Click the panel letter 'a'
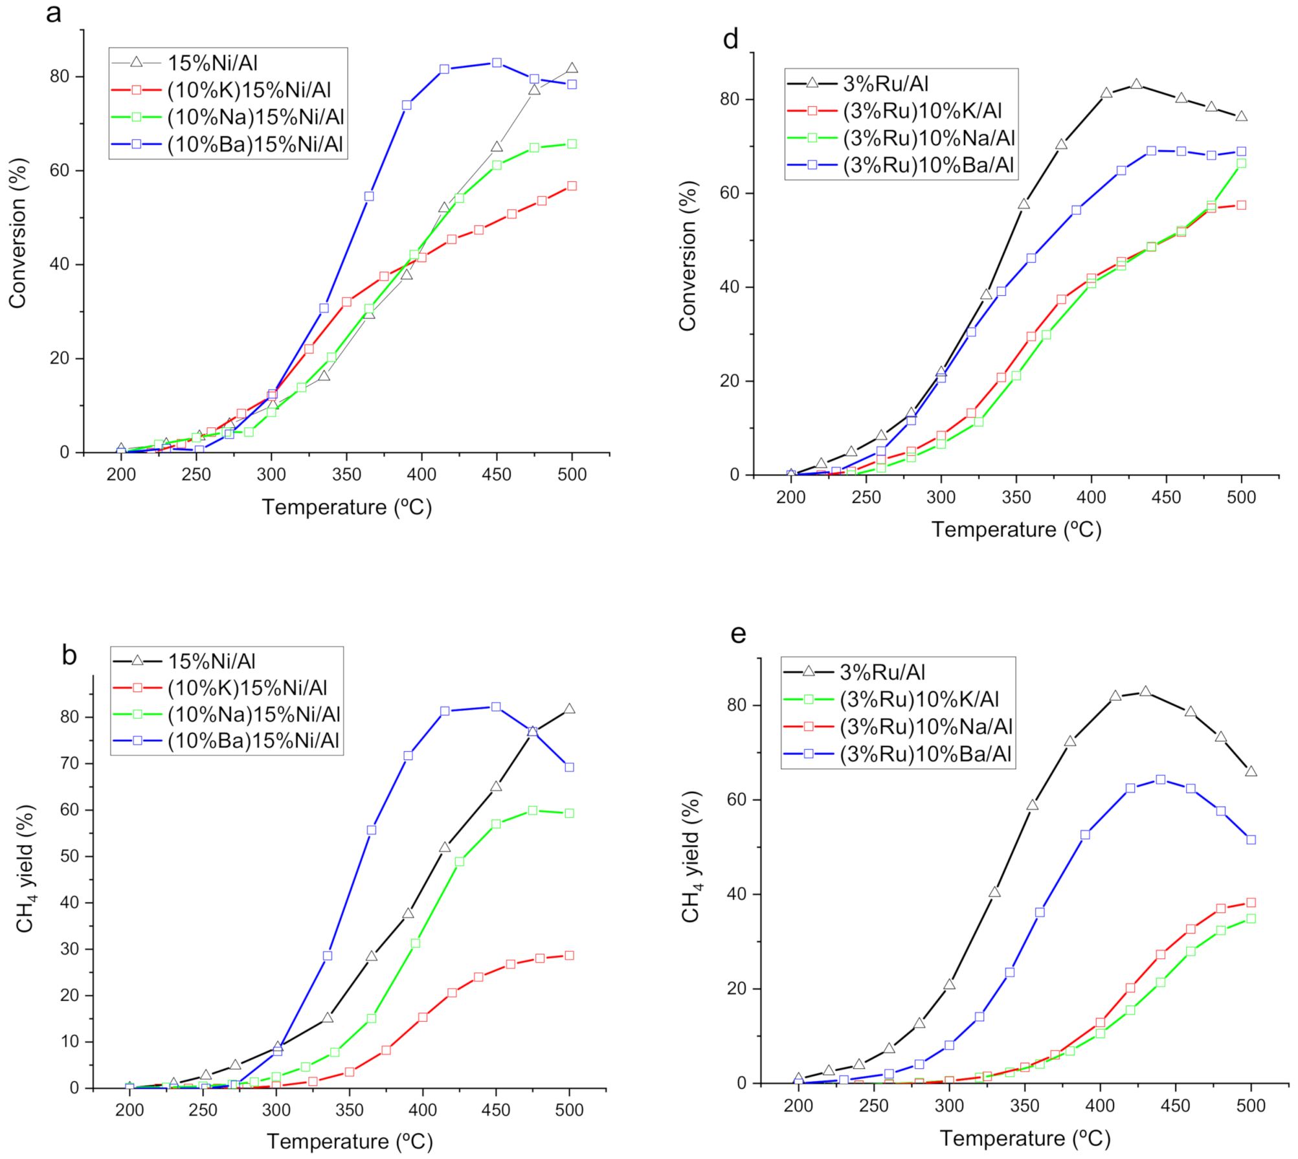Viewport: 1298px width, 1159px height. (x=54, y=14)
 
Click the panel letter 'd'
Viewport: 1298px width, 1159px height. (x=730, y=40)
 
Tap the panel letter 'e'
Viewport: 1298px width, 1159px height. (x=738, y=633)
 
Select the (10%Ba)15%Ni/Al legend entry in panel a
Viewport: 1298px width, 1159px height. (x=255, y=144)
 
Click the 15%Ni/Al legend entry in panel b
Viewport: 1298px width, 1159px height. (x=212, y=661)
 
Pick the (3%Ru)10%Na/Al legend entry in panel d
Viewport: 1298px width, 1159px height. (x=928, y=138)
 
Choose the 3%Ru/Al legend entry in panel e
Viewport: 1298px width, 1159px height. (x=882, y=672)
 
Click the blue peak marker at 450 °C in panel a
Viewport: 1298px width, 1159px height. (x=497, y=63)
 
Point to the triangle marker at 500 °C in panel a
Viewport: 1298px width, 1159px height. (x=572, y=68)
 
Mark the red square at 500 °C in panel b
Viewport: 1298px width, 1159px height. (x=569, y=956)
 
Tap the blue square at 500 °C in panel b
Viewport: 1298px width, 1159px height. (x=569, y=767)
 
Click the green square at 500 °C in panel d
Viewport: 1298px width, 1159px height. (x=1241, y=163)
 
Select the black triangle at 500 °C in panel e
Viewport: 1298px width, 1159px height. (x=1251, y=771)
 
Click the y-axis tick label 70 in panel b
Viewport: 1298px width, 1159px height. (x=69, y=763)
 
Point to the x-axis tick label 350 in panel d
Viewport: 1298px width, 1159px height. (x=1016, y=497)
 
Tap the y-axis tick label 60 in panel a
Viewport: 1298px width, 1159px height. (x=60, y=170)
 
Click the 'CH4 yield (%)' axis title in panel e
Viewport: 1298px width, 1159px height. (x=691, y=856)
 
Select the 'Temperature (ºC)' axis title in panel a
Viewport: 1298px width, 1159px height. (x=346, y=507)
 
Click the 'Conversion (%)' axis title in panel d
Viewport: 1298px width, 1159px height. (x=688, y=256)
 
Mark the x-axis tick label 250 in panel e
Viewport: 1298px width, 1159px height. (x=873, y=1106)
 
